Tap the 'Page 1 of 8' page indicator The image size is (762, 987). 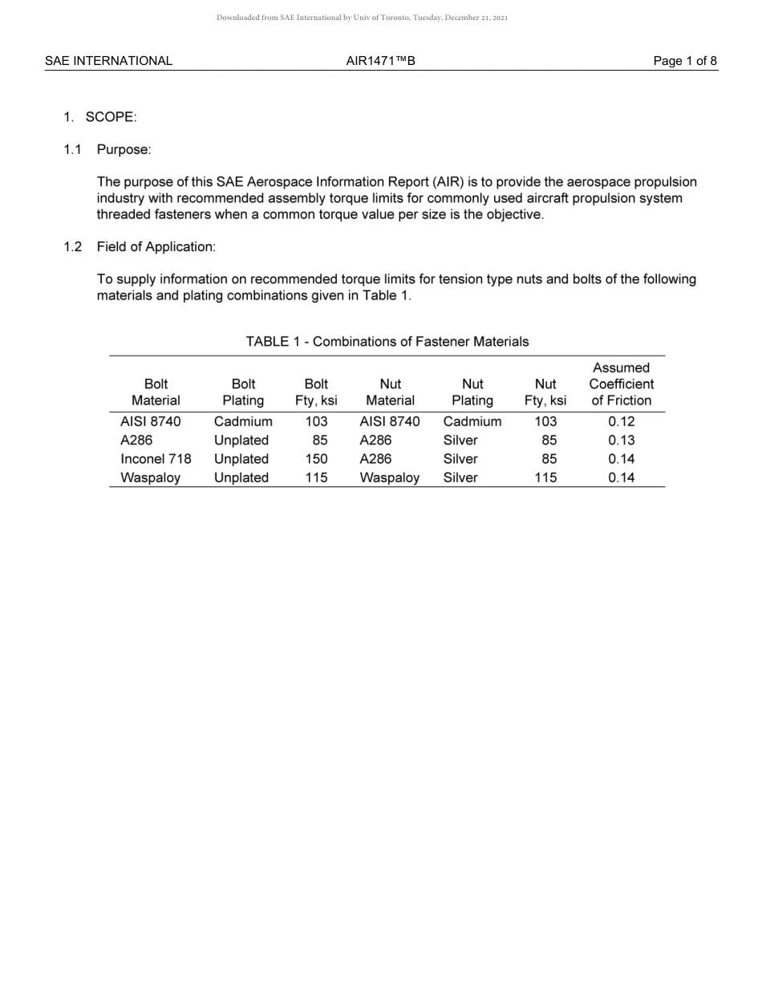coord(685,60)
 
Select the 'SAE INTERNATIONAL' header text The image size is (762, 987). coord(108,60)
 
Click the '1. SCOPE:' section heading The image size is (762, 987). coord(100,117)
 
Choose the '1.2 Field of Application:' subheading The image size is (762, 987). coord(140,247)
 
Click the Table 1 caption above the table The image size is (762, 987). coord(387,342)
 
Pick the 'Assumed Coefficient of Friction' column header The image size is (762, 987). coord(621,384)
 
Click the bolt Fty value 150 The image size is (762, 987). coord(316,459)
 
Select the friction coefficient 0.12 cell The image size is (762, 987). coord(621,421)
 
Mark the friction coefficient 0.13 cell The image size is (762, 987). coord(621,441)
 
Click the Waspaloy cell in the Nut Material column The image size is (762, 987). coord(390,477)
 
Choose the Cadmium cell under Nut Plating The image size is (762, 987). coord(472,421)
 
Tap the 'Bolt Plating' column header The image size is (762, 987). coord(243,392)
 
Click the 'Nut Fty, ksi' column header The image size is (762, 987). coord(545,392)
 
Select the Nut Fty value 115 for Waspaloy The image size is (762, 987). coord(545,477)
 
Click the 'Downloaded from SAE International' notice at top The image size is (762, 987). coord(362,17)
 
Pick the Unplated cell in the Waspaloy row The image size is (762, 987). coord(241,477)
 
